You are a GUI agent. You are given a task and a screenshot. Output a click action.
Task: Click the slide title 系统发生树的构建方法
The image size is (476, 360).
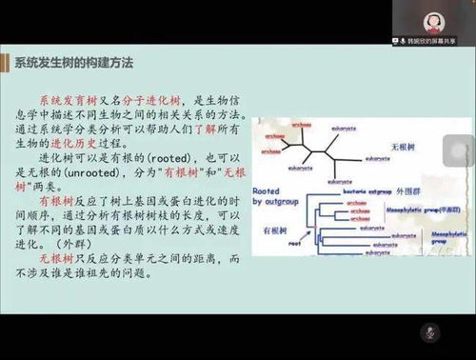[74, 62]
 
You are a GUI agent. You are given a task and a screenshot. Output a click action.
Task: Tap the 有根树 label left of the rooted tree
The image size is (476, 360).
[273, 231]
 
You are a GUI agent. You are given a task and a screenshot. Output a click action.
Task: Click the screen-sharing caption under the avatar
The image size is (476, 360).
[437, 42]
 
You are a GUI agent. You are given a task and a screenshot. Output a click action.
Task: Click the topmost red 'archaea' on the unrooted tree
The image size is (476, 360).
[302, 124]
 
